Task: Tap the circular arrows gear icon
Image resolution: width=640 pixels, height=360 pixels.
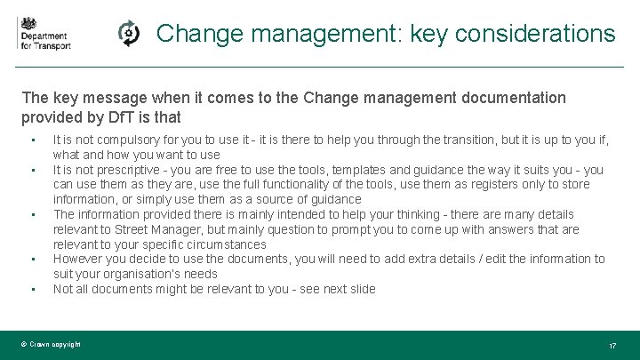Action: point(129,34)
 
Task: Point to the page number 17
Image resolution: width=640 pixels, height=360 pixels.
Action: point(612,345)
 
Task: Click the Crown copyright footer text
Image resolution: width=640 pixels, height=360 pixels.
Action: point(51,344)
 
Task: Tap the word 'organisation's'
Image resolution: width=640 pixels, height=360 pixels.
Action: point(123,274)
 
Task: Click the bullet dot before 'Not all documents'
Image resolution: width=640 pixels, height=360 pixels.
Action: point(32,290)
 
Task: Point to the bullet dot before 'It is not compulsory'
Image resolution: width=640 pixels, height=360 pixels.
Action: point(32,140)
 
